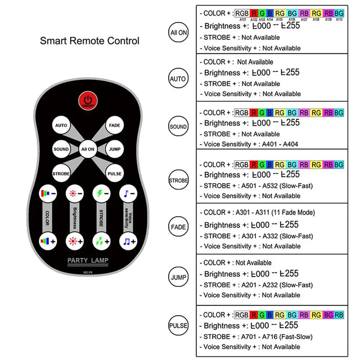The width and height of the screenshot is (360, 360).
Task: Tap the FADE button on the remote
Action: pos(114,126)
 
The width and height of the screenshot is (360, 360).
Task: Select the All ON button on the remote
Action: pos(88,149)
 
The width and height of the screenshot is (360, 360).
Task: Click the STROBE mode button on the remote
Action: pos(61,173)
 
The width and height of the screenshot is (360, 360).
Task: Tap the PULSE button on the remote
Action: pos(114,173)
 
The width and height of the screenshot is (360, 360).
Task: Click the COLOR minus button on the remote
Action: pos(48,193)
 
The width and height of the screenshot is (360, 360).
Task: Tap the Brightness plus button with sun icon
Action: pos(75,241)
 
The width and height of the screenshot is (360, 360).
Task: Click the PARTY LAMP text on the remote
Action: pos(88,260)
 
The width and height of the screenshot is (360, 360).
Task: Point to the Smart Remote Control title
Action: pos(90,41)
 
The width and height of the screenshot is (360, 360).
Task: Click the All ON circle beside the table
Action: pos(179,32)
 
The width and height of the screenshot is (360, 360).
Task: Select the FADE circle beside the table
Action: pos(179,227)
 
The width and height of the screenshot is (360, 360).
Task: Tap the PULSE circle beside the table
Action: pos(179,326)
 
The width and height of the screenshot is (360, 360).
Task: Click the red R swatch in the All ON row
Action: pos(254,13)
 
